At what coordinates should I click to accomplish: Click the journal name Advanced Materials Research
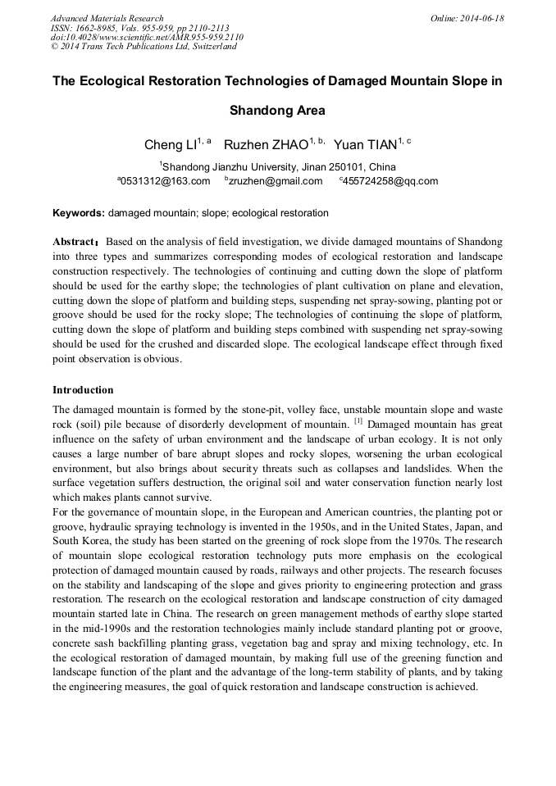[107, 18]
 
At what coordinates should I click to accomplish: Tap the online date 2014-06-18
[484, 18]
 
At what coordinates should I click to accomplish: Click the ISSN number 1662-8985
[102, 28]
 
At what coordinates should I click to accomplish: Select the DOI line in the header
[147, 37]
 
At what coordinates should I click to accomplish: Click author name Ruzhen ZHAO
[265, 146]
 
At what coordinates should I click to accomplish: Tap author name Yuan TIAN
[367, 146]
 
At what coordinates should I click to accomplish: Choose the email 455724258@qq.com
[390, 181]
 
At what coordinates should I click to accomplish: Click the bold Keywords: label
[79, 213]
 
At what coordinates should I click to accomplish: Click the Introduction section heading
[83, 390]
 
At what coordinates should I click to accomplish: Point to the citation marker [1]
[358, 422]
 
